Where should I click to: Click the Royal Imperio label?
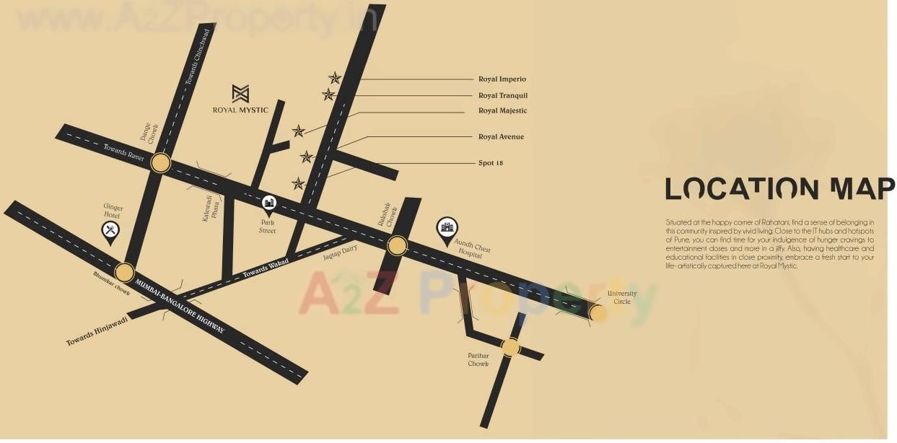(x=502, y=79)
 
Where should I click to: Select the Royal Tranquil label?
(x=503, y=95)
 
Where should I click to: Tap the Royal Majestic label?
(x=502, y=110)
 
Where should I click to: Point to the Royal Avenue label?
(x=501, y=136)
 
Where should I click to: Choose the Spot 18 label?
(x=491, y=163)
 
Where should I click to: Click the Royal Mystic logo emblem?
(x=240, y=93)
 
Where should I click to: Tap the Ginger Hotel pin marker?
(x=110, y=231)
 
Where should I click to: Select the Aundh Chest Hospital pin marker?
(x=447, y=227)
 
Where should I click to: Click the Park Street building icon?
(x=268, y=204)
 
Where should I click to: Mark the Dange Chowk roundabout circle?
(x=161, y=163)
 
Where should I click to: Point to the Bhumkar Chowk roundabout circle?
(x=125, y=273)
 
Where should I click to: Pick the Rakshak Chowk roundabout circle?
(x=397, y=246)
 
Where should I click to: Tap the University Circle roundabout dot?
(x=598, y=312)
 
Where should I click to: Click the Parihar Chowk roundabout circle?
(x=510, y=348)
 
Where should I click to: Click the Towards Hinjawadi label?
(x=97, y=331)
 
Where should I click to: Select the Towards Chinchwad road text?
(x=199, y=57)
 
